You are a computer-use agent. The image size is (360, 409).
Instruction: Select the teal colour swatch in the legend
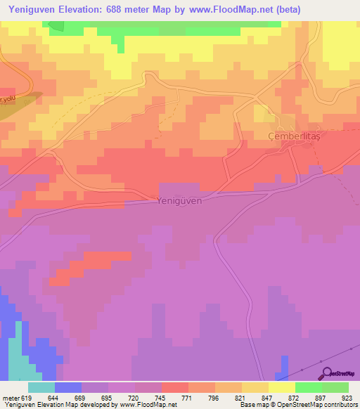pos(41,387)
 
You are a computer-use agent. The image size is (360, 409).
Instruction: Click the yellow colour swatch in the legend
pos(282,387)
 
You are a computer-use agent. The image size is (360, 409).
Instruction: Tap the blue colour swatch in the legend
pos(68,387)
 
